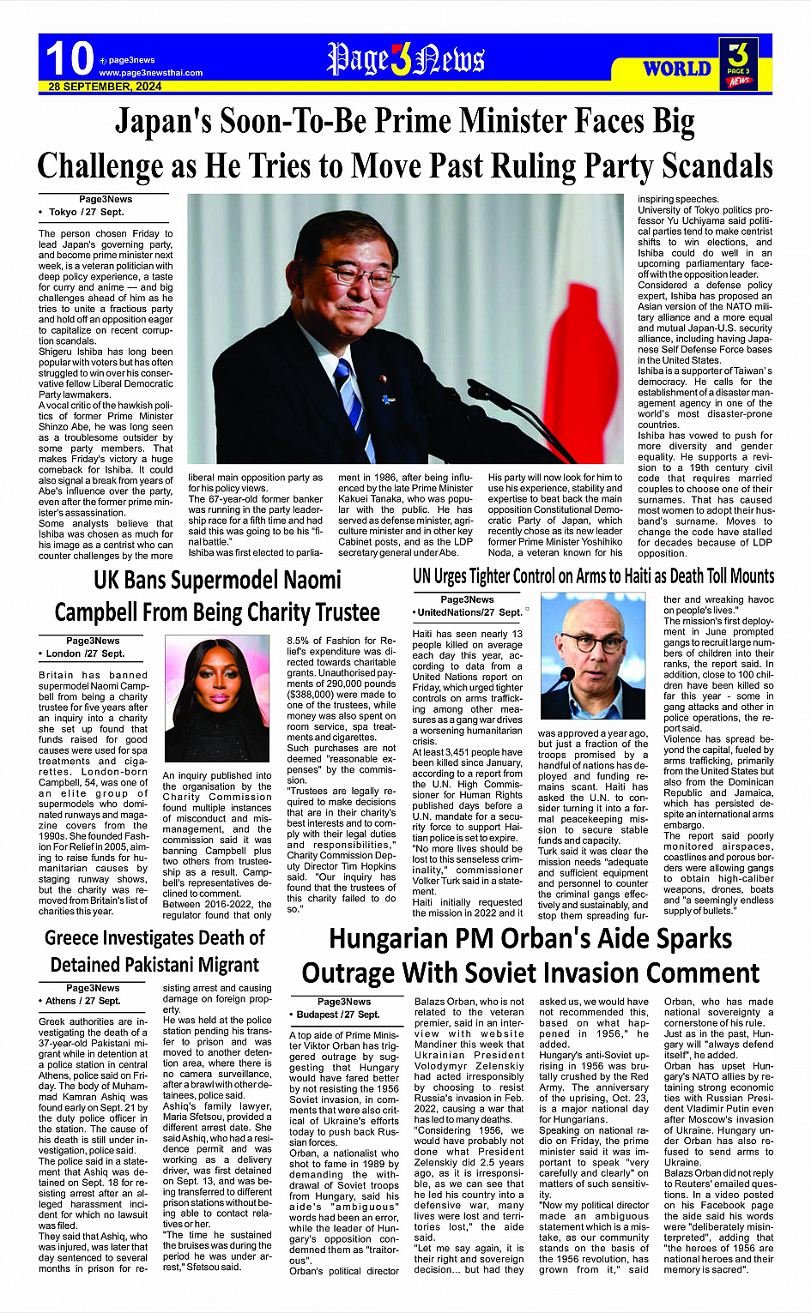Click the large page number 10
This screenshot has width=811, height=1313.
(x=69, y=58)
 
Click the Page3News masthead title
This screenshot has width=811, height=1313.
(x=406, y=59)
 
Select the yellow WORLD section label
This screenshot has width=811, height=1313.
(x=677, y=69)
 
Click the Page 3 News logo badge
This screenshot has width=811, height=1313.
(x=738, y=63)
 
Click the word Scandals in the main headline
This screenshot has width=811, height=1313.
(x=705, y=166)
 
